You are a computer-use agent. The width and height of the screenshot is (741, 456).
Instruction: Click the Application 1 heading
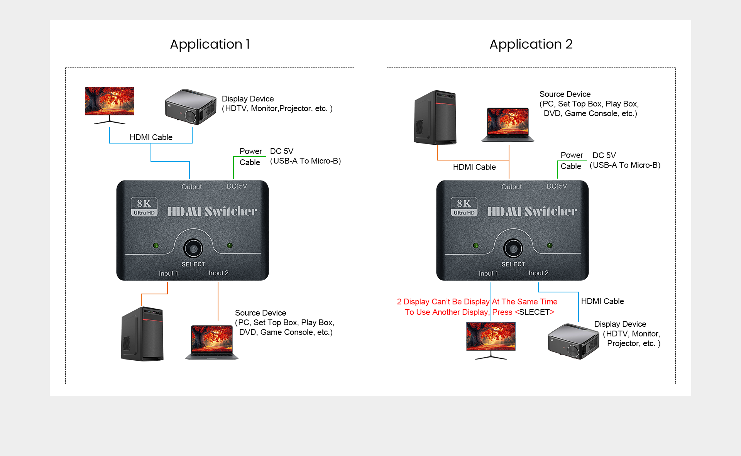click(210, 44)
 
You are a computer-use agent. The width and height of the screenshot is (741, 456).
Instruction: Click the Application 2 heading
click(531, 44)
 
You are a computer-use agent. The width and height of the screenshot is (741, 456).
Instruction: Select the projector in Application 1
click(191, 107)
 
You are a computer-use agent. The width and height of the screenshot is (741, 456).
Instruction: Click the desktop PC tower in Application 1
click(142, 334)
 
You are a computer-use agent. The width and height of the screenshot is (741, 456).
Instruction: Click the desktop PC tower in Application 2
click(435, 117)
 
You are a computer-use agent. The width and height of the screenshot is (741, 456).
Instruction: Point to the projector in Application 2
click(574, 341)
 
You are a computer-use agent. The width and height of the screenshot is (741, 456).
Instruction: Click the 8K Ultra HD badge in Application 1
click(144, 207)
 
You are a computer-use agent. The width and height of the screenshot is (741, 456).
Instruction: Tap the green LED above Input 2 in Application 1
click(230, 245)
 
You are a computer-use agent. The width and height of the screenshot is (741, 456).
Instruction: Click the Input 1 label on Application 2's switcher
click(488, 274)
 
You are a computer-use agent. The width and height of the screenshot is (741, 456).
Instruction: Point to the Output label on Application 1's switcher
click(192, 187)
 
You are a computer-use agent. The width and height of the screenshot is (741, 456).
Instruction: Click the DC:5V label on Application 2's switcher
click(557, 186)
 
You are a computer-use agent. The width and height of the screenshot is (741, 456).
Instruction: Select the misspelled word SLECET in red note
click(535, 312)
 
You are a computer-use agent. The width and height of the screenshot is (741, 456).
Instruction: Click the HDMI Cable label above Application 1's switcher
click(151, 137)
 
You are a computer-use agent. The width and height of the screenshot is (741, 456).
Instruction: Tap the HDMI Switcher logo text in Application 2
click(532, 211)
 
